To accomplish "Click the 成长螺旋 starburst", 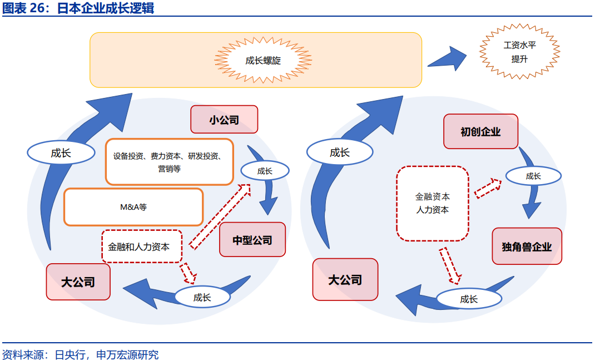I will pyautogui.click(x=263, y=60).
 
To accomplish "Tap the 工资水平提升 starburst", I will pyautogui.click(x=519, y=52).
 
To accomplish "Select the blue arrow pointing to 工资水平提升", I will pyautogui.click(x=448, y=58).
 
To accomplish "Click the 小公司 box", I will pyautogui.click(x=224, y=120).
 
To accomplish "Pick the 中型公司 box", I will pyautogui.click(x=252, y=240).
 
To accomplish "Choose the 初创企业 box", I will pyautogui.click(x=480, y=131).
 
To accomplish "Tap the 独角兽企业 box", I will pyautogui.click(x=527, y=246).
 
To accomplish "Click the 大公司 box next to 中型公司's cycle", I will pyautogui.click(x=78, y=282).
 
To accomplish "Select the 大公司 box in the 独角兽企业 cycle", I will pyautogui.click(x=345, y=279).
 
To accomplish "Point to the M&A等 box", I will pyautogui.click(x=133, y=207).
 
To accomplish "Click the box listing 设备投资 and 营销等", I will pyautogui.click(x=169, y=162).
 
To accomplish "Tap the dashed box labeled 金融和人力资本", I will pyautogui.click(x=142, y=246).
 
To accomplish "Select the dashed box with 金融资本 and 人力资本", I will pyautogui.click(x=432, y=203).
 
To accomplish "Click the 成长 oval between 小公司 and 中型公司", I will pyautogui.click(x=265, y=171).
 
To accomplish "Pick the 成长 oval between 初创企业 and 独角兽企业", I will pyautogui.click(x=533, y=176).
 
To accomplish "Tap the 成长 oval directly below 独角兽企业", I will pyautogui.click(x=468, y=299).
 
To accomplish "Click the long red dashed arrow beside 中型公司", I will pyautogui.click(x=220, y=216).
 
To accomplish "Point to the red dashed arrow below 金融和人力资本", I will pyautogui.click(x=189, y=273).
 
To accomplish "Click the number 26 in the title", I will pyautogui.click(x=41, y=8).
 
